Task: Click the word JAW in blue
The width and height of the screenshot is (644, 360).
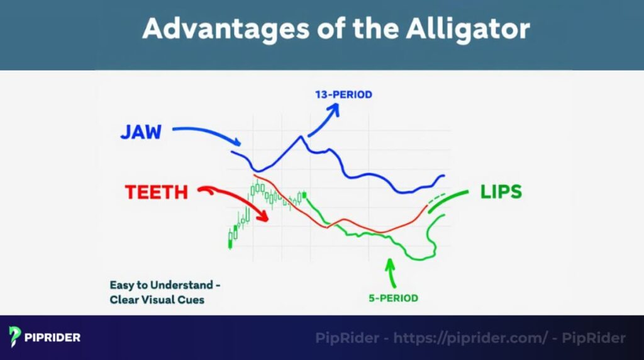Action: (141, 132)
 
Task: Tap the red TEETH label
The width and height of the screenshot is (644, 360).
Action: (157, 192)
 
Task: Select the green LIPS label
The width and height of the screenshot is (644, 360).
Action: (501, 192)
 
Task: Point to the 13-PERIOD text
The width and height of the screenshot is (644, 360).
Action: (343, 95)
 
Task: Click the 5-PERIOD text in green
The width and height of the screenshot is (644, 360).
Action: (394, 298)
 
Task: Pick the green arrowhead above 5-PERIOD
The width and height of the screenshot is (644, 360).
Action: (391, 262)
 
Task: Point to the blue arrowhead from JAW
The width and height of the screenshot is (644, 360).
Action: (236, 143)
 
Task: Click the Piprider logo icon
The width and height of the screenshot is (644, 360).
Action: (16, 337)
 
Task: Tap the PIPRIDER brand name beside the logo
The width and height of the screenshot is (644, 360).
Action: (53, 337)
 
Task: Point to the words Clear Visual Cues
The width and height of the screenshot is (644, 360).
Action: (157, 300)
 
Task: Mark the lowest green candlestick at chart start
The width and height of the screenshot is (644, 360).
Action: (230, 240)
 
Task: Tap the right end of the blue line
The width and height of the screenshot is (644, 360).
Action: (443, 176)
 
